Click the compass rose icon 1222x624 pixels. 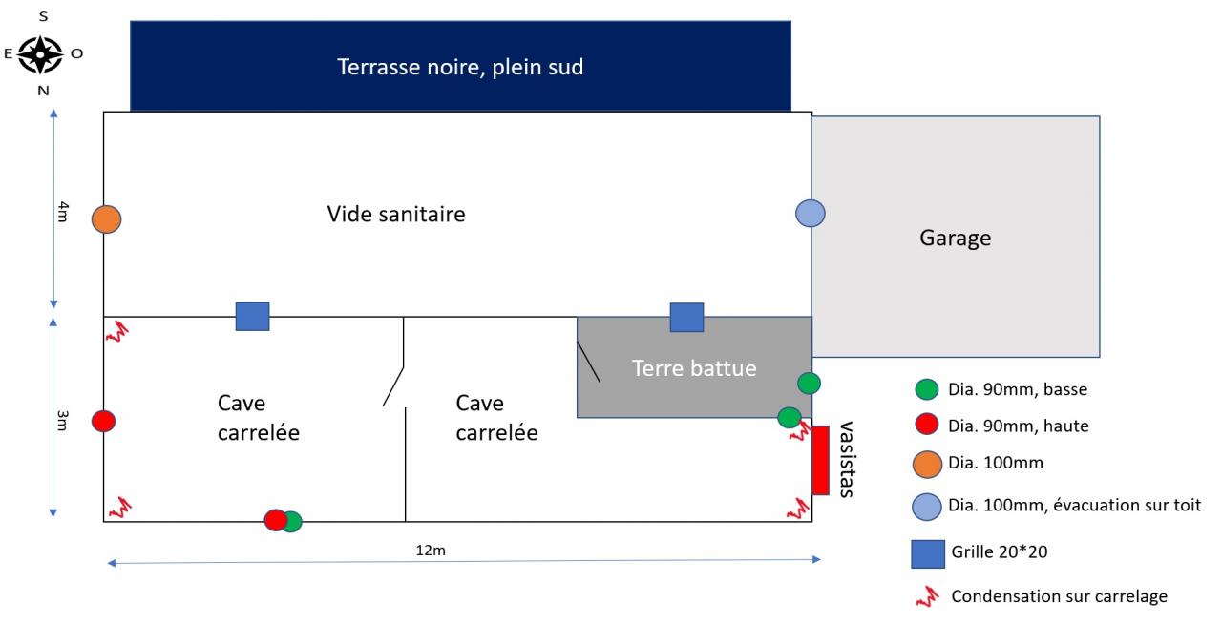point(40,54)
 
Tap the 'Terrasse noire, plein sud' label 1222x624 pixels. point(460,67)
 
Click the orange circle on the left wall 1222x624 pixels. point(107,219)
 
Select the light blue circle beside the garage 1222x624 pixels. point(811,213)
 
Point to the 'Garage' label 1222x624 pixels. point(955,238)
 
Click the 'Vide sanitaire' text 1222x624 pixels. point(396,214)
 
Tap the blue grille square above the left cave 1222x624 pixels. point(252,317)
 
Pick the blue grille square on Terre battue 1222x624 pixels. point(686,317)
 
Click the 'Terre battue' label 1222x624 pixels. point(694,368)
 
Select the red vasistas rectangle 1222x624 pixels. point(820,460)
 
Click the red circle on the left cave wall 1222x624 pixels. point(104,421)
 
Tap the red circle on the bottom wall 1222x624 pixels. point(275,520)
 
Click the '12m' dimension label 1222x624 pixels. point(431,550)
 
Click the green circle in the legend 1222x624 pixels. point(926,389)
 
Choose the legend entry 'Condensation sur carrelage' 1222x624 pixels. point(1059,597)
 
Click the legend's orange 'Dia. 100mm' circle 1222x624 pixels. point(927,464)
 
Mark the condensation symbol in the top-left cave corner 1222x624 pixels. point(117,331)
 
